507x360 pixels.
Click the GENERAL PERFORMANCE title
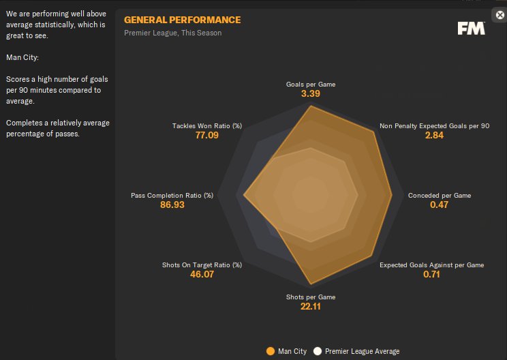click(182, 20)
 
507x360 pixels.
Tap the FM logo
click(471, 28)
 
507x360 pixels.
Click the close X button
click(500, 15)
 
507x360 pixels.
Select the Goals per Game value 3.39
click(310, 94)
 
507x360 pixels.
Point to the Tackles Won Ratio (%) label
click(207, 126)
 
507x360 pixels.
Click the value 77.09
click(207, 136)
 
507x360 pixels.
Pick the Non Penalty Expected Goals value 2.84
click(434, 136)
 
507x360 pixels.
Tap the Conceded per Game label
click(439, 196)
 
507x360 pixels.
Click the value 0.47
click(439, 205)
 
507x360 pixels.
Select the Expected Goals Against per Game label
click(431, 265)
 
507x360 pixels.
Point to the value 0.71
click(431, 275)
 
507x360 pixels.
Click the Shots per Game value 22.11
click(310, 307)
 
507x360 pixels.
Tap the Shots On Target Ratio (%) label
click(202, 265)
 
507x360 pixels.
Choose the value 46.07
click(202, 275)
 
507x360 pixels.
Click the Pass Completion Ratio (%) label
click(172, 196)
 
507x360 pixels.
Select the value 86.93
click(172, 205)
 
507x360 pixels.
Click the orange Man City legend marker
click(271, 351)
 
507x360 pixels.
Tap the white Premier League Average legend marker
click(318, 351)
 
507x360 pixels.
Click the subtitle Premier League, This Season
click(172, 33)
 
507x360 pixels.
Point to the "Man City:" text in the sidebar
click(22, 57)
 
